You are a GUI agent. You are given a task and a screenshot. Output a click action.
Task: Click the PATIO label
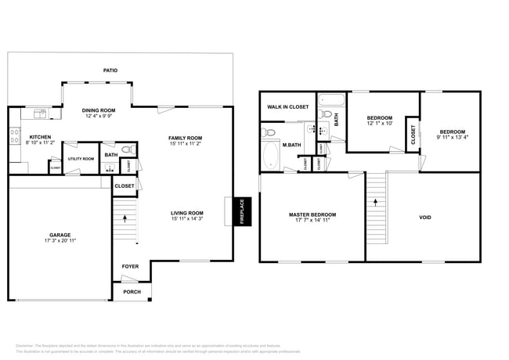click(x=110, y=70)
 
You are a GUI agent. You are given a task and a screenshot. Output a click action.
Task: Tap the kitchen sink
click(x=41, y=115)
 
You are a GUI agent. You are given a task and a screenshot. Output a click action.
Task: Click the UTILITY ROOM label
click(x=80, y=159)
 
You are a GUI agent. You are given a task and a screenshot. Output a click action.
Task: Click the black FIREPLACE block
click(x=242, y=211)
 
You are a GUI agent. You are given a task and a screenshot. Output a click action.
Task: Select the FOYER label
click(x=130, y=267)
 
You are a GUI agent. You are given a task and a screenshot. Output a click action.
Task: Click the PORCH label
click(x=132, y=292)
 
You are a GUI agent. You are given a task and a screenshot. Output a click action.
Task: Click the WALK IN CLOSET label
click(x=287, y=106)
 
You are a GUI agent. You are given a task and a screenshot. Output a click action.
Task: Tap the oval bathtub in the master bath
click(x=271, y=154)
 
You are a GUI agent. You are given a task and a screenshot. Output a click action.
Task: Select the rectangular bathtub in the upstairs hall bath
click(x=330, y=101)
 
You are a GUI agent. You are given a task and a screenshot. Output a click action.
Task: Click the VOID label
click(x=424, y=218)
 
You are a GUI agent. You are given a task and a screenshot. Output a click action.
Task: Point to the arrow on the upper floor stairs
click(x=376, y=201)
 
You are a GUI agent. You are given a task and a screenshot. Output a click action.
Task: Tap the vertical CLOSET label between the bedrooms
click(x=413, y=135)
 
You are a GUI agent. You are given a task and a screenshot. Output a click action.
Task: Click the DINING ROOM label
click(x=99, y=110)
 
